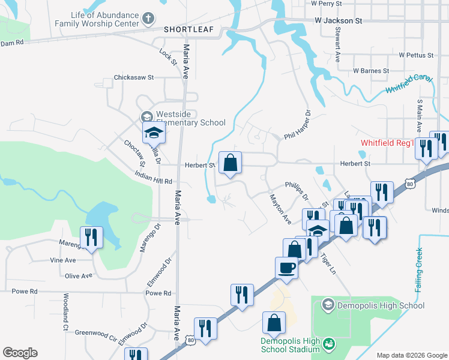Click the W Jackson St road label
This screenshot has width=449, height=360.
click(339, 20)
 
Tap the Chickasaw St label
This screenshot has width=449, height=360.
click(134, 77)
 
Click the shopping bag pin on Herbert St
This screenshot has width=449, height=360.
click(230, 163)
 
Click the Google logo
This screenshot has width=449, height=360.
click(20, 353)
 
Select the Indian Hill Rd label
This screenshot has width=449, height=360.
click(153, 181)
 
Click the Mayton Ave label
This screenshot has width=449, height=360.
click(280, 208)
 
